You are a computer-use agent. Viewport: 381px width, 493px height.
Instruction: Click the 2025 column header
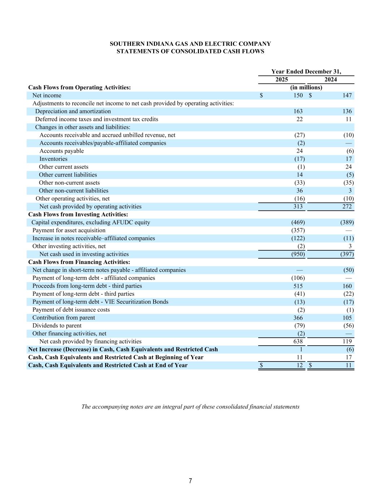[282, 79]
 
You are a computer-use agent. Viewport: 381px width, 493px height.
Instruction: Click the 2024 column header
[331, 79]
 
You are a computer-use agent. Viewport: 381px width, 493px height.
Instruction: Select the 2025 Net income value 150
[298, 95]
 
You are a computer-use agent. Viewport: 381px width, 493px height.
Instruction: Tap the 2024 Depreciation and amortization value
[347, 111]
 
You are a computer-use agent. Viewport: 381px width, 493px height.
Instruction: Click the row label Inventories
[53, 159]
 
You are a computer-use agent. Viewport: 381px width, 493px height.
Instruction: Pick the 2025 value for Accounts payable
[299, 151]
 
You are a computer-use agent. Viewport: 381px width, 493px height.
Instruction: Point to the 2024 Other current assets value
[348, 167]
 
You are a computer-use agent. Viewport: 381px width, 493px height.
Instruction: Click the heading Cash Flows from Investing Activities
[78, 215]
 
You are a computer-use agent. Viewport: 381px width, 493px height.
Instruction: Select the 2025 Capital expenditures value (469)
[298, 222]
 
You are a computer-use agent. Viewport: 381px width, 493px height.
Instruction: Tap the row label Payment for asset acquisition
[69, 230]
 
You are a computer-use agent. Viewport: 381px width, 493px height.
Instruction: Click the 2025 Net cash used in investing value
[298, 254]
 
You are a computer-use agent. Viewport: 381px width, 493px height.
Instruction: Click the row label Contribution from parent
[64, 318]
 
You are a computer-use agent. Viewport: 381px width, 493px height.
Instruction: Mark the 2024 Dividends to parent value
[348, 326]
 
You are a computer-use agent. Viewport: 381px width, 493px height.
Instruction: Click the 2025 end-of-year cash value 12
[299, 366]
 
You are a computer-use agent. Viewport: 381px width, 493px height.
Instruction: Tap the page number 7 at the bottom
[190, 481]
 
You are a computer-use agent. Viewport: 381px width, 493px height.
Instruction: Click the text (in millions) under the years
[306, 87]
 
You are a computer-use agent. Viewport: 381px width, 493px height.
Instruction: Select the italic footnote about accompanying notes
[190, 407]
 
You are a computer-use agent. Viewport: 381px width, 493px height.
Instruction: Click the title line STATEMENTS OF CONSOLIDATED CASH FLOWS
[190, 51]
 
